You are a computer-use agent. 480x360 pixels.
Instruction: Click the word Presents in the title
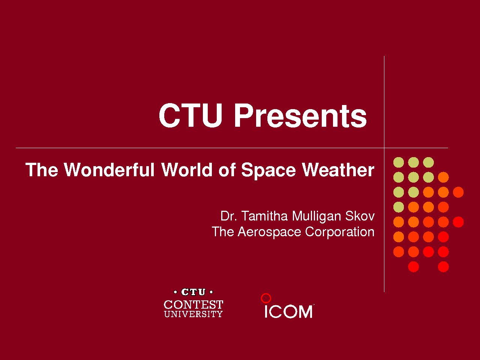pyautogui.click(x=300, y=115)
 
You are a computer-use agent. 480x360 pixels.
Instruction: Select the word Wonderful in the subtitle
pyautogui.click(x=109, y=169)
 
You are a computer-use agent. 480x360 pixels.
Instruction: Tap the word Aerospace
pyautogui.click(x=269, y=232)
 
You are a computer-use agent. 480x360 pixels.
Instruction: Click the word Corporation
pyautogui.click(x=340, y=232)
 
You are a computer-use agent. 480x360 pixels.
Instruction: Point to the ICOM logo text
pyautogui.click(x=288, y=312)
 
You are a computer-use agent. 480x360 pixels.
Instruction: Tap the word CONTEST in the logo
pyautogui.click(x=193, y=304)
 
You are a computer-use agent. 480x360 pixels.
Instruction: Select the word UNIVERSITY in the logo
pyautogui.click(x=193, y=314)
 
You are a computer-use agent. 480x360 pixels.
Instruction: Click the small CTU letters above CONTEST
pyautogui.click(x=193, y=292)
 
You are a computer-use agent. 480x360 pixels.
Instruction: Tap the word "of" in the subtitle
pyautogui.click(x=227, y=169)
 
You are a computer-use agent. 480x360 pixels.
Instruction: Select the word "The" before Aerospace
pyautogui.click(x=223, y=232)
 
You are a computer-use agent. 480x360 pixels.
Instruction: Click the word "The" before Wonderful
pyautogui.click(x=42, y=169)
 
